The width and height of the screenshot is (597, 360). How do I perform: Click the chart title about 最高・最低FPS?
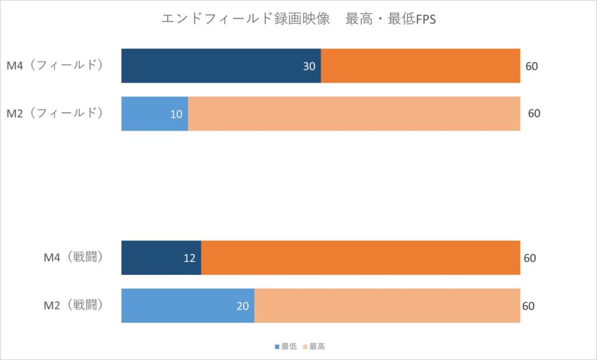(298, 19)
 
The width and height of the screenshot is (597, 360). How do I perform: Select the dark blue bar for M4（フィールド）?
(216, 66)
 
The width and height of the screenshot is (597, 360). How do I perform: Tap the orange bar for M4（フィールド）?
(420, 66)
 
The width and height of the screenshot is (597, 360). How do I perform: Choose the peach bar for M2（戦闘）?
(387, 305)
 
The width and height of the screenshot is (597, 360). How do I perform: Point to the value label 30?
(309, 66)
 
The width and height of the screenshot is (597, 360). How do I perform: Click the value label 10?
(176, 114)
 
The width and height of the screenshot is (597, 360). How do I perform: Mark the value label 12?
(189, 258)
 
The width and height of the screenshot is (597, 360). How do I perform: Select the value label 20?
(243, 306)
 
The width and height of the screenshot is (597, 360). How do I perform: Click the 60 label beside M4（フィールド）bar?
(532, 66)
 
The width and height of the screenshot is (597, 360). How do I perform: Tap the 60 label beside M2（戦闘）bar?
(528, 306)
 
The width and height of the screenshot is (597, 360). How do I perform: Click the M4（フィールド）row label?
(55, 66)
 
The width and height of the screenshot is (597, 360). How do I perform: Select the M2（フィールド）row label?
(55, 114)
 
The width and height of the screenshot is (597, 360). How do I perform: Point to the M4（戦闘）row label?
(73, 257)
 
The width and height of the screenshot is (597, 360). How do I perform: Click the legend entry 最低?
(286, 347)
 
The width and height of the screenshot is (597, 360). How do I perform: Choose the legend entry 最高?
(314, 347)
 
